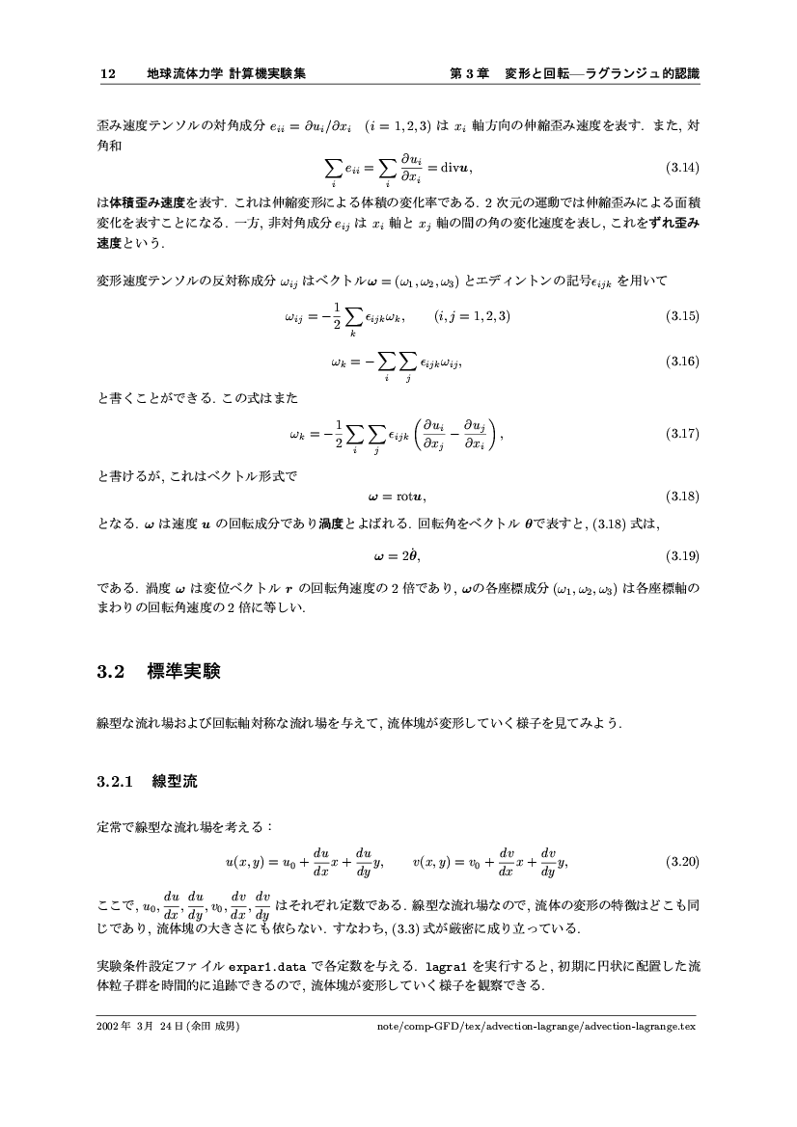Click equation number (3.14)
pos(683,168)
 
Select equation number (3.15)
pos(683,316)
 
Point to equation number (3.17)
pos(683,434)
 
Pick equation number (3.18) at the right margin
pos(683,496)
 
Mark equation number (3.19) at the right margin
pos(683,556)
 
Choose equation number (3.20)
pos(683,860)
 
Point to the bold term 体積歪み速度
pos(143,205)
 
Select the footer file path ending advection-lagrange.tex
pos(539,1026)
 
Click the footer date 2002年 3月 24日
pos(141,1026)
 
